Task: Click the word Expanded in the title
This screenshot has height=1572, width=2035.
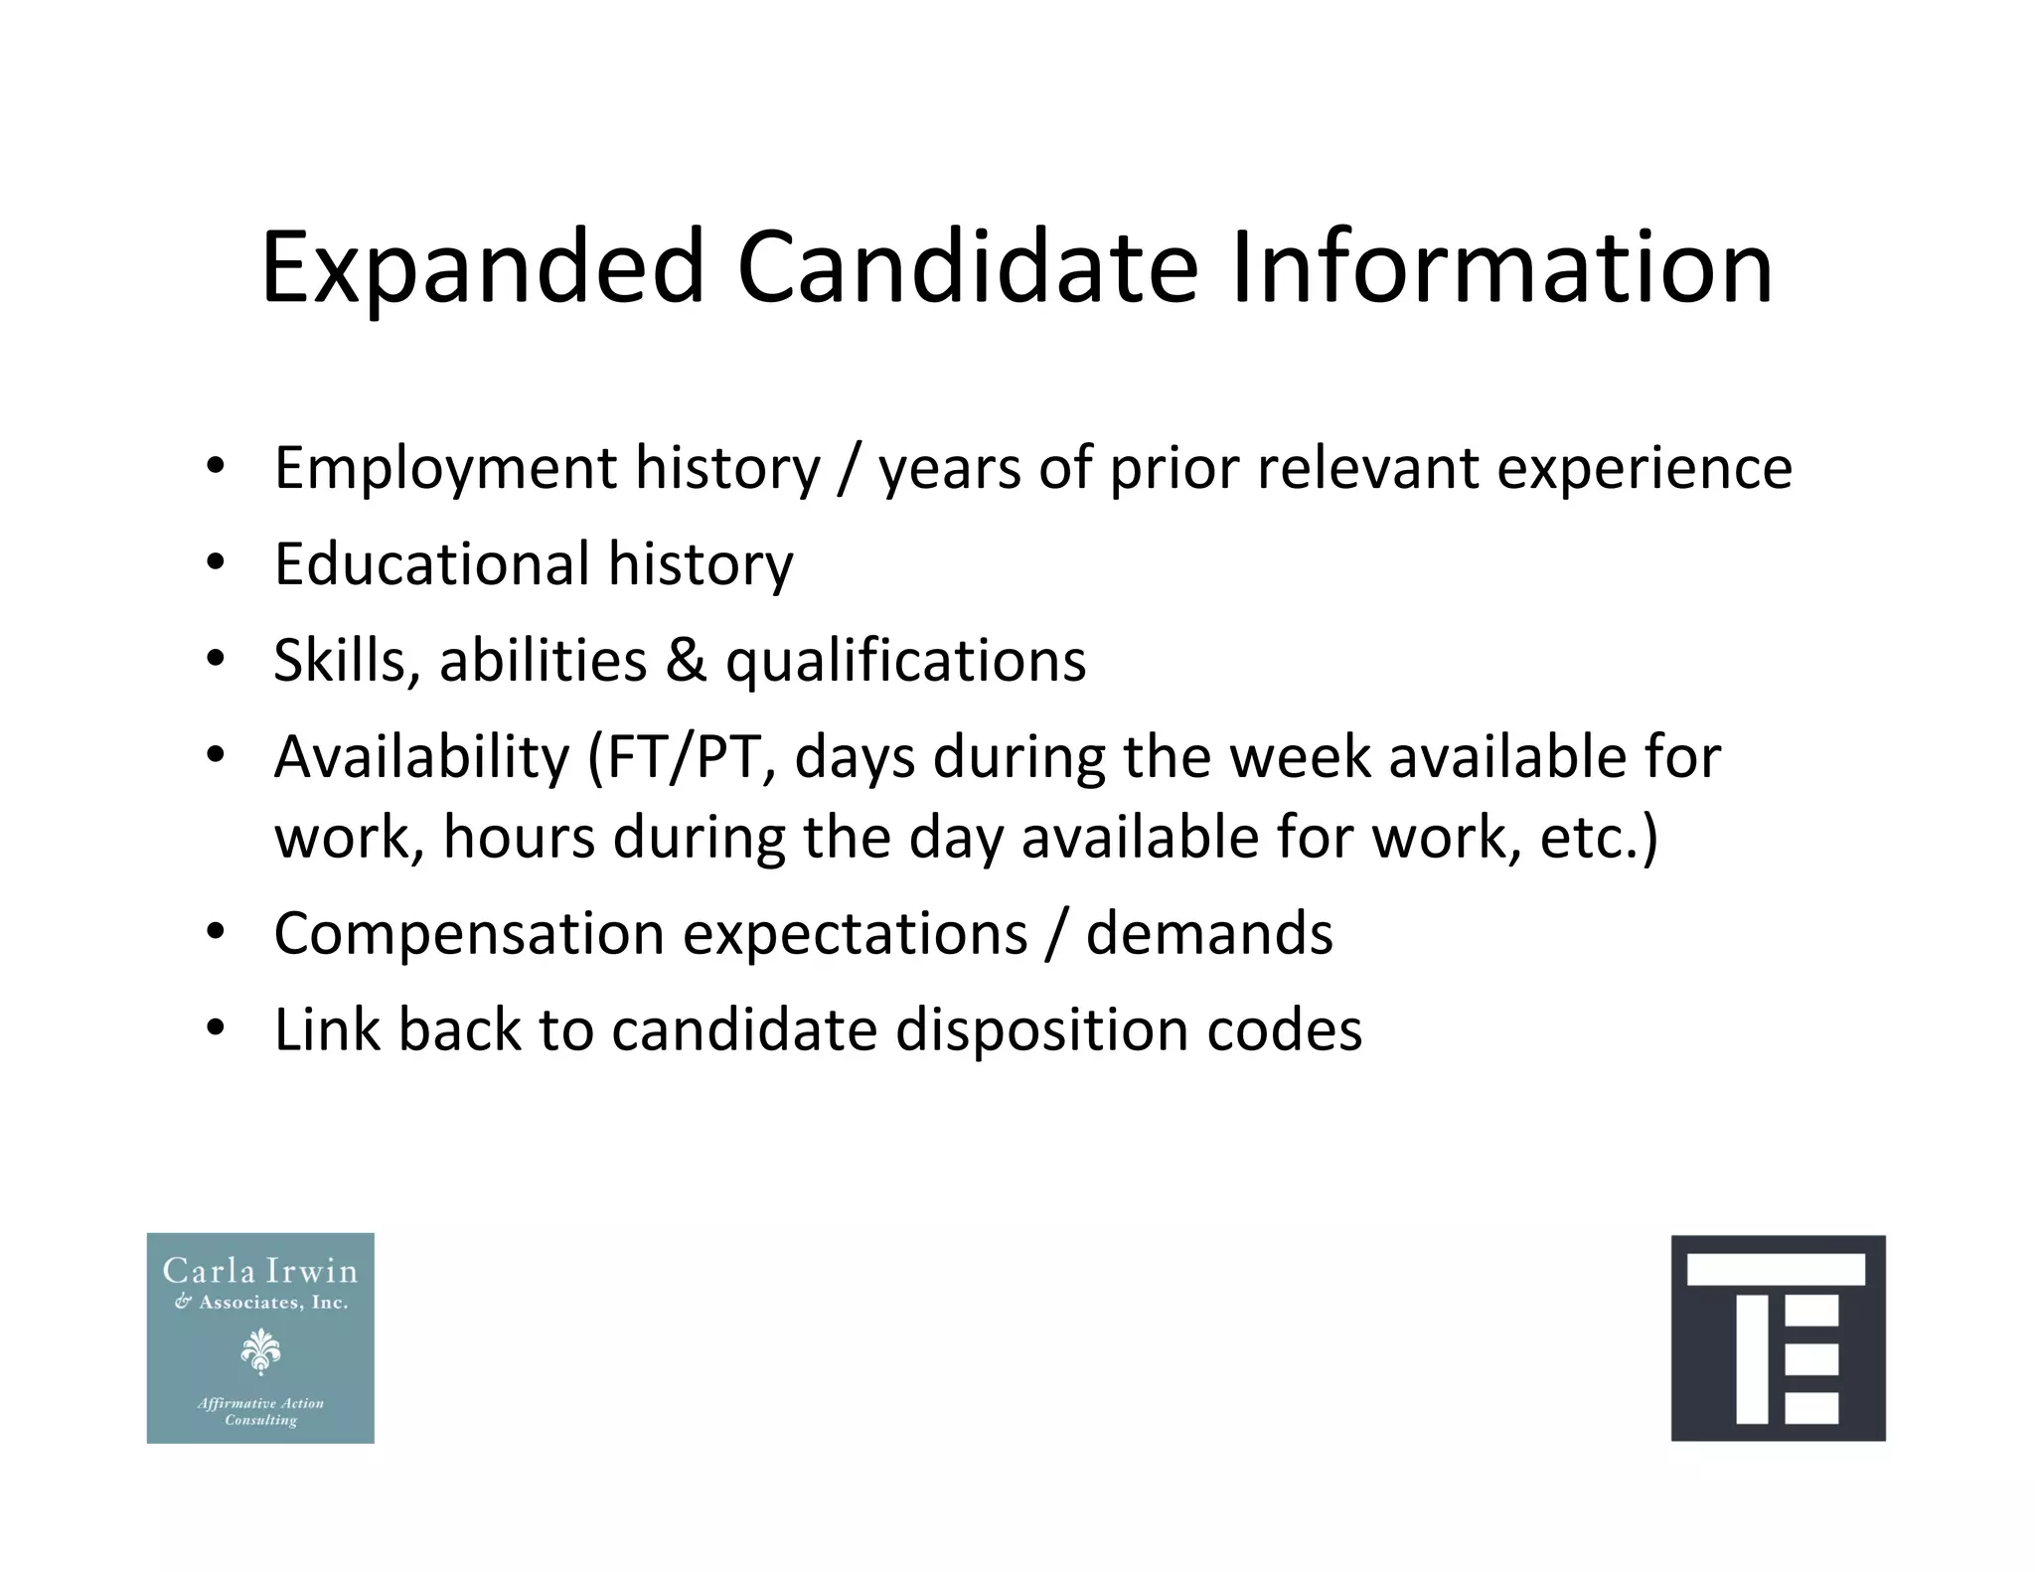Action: [x=483, y=268]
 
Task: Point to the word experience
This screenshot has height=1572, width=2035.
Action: [x=1644, y=468]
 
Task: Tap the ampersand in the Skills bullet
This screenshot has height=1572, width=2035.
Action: [x=686, y=660]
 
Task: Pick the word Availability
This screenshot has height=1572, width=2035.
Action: [x=421, y=757]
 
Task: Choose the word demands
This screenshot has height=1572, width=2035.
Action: [x=1208, y=934]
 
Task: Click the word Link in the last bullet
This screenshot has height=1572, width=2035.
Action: [x=327, y=1029]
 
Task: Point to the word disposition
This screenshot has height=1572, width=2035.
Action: [x=1041, y=1031]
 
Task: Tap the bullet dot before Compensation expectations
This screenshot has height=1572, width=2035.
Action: [x=216, y=933]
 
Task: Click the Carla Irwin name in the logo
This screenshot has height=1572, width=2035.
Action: [x=260, y=1271]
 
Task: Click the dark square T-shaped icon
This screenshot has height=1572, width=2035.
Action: [x=1778, y=1337]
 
